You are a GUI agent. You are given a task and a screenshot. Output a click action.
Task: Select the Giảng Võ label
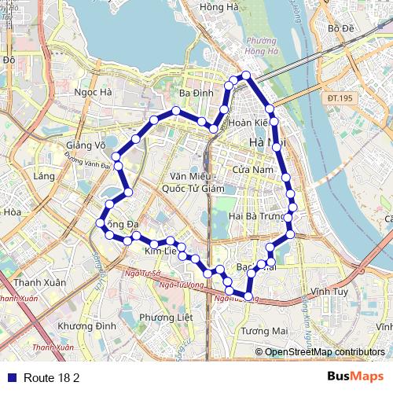pyautogui.click(x=86, y=145)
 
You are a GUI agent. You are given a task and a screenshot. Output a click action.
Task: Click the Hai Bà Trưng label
pyautogui.click(x=256, y=216)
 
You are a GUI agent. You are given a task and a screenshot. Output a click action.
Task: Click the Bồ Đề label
pyautogui.click(x=343, y=29)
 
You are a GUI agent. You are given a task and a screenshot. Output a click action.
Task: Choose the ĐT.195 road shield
pyautogui.click(x=340, y=97)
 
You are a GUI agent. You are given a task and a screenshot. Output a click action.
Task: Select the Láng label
pyautogui.click(x=44, y=177)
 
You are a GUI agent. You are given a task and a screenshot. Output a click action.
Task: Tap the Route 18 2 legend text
pyautogui.click(x=52, y=377)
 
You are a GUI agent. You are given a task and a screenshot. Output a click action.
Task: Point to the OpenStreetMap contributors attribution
pyautogui.click(x=324, y=352)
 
